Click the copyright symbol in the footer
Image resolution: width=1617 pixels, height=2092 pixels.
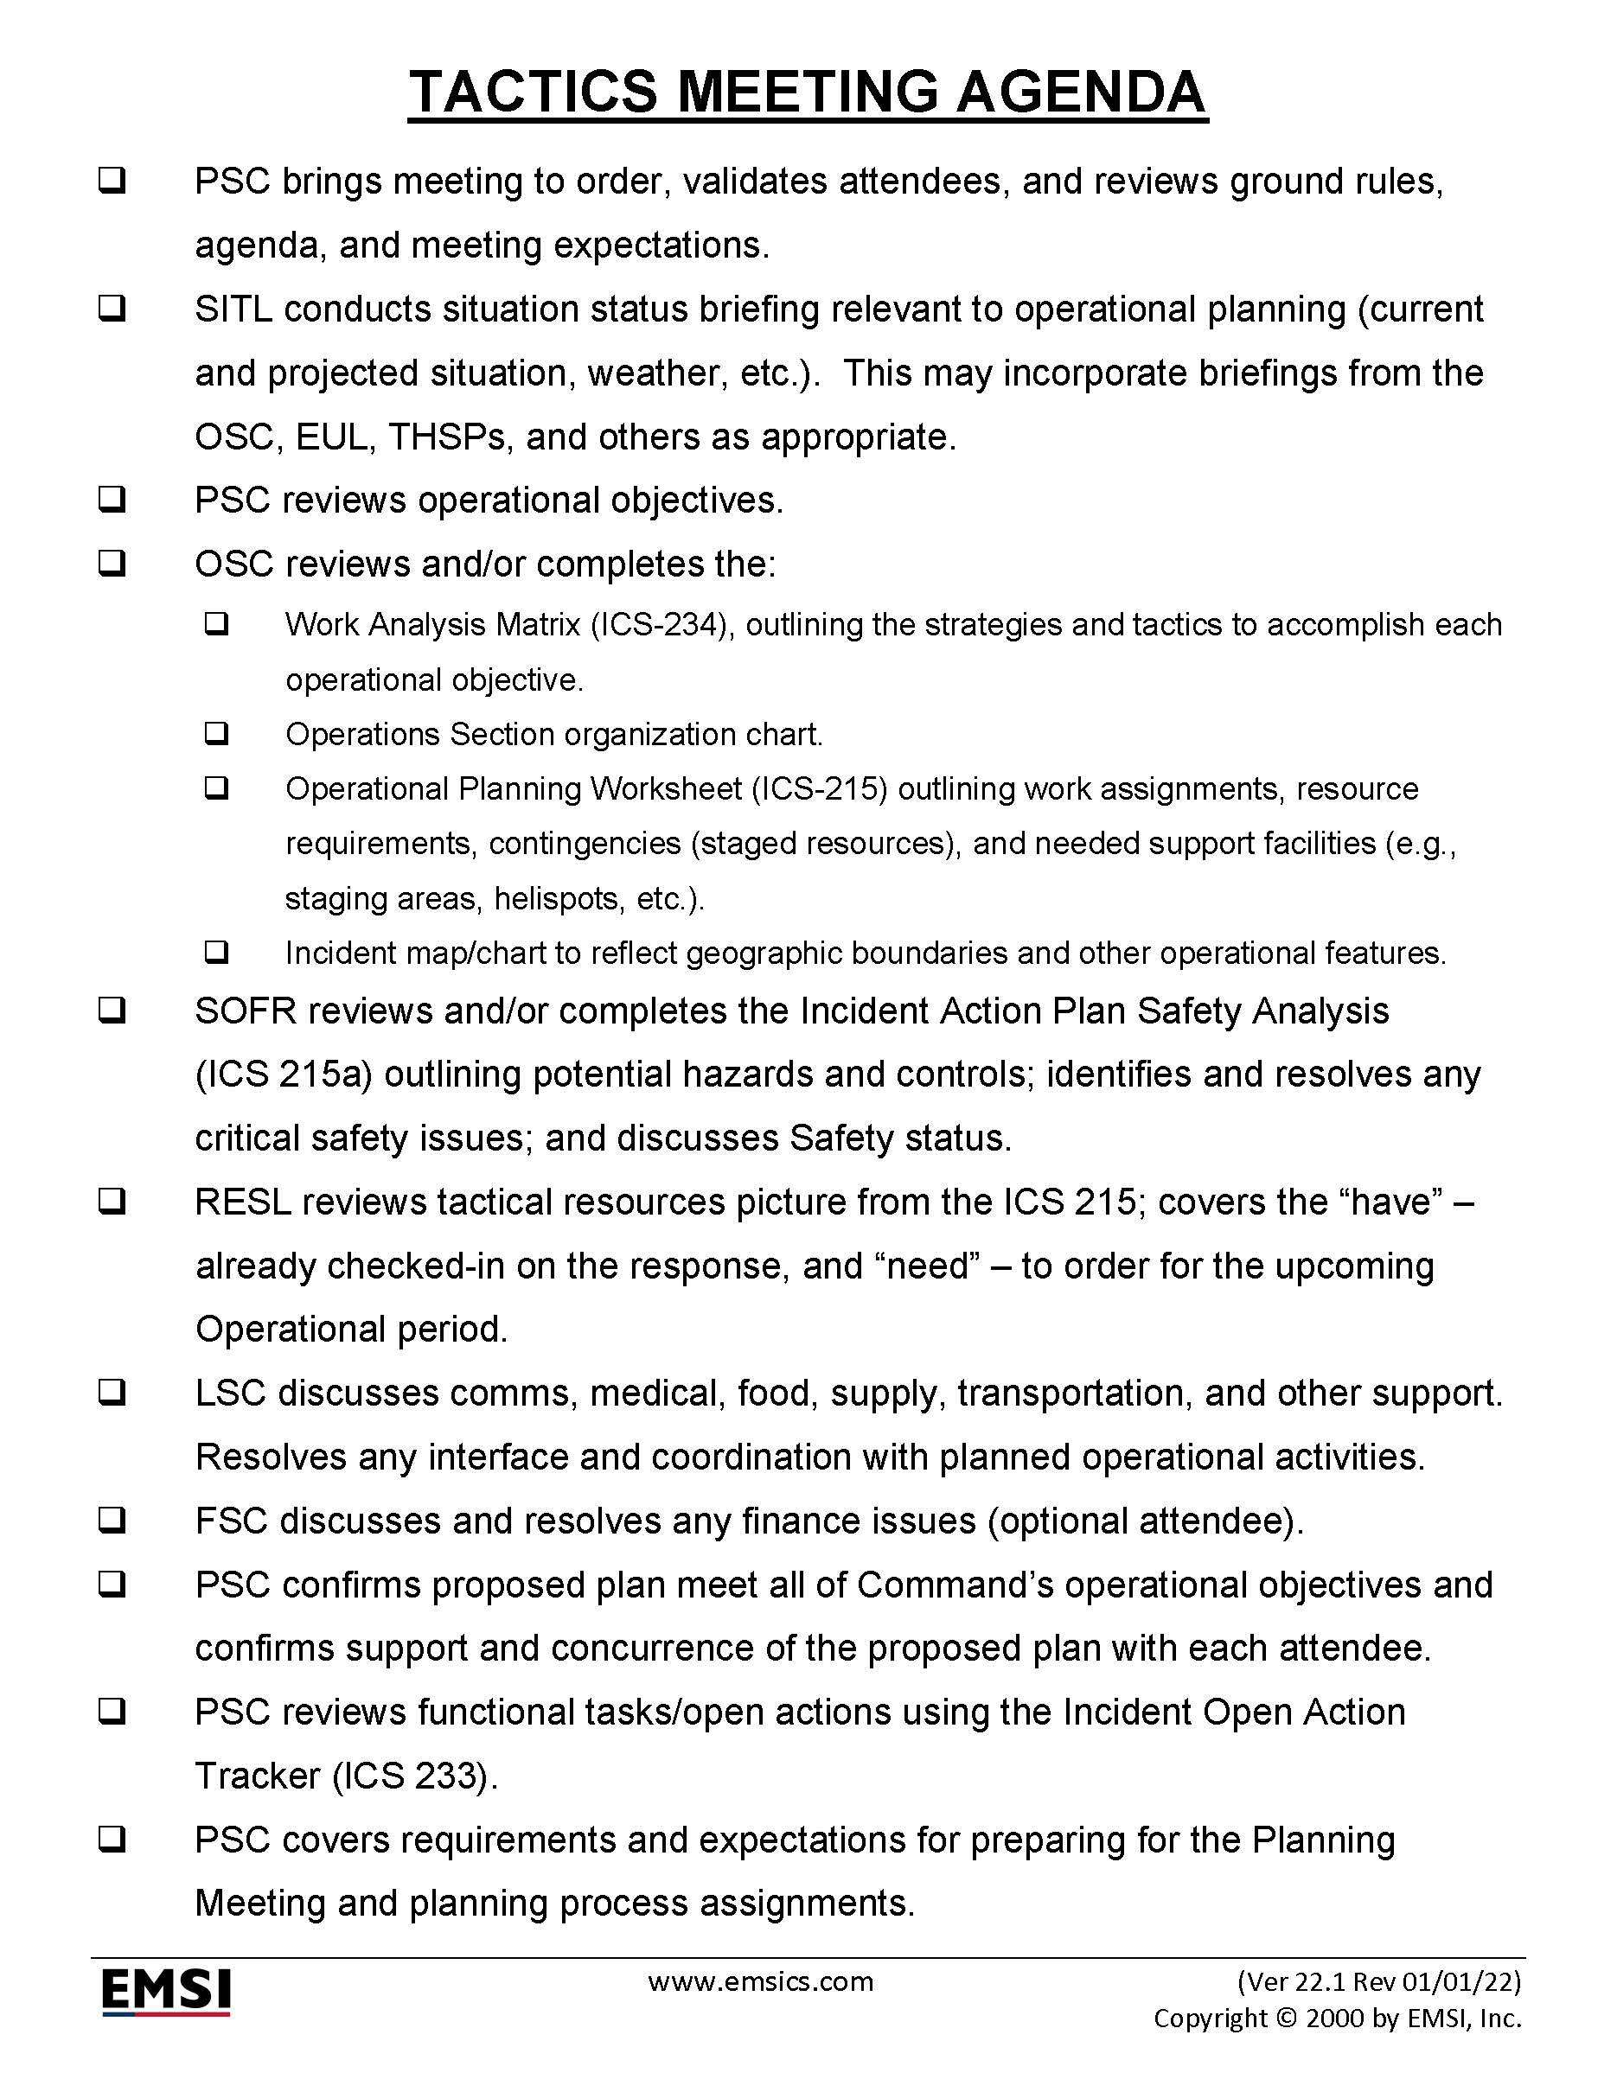point(1288,2019)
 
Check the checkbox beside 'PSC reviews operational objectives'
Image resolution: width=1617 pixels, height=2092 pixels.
point(112,500)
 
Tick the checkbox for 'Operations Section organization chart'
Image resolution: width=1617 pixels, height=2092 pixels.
point(216,734)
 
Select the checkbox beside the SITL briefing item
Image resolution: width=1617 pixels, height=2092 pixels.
point(112,309)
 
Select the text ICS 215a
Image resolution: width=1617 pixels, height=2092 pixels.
point(283,1075)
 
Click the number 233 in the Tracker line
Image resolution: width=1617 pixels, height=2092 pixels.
point(447,1776)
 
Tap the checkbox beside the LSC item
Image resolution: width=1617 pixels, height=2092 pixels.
point(112,1394)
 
